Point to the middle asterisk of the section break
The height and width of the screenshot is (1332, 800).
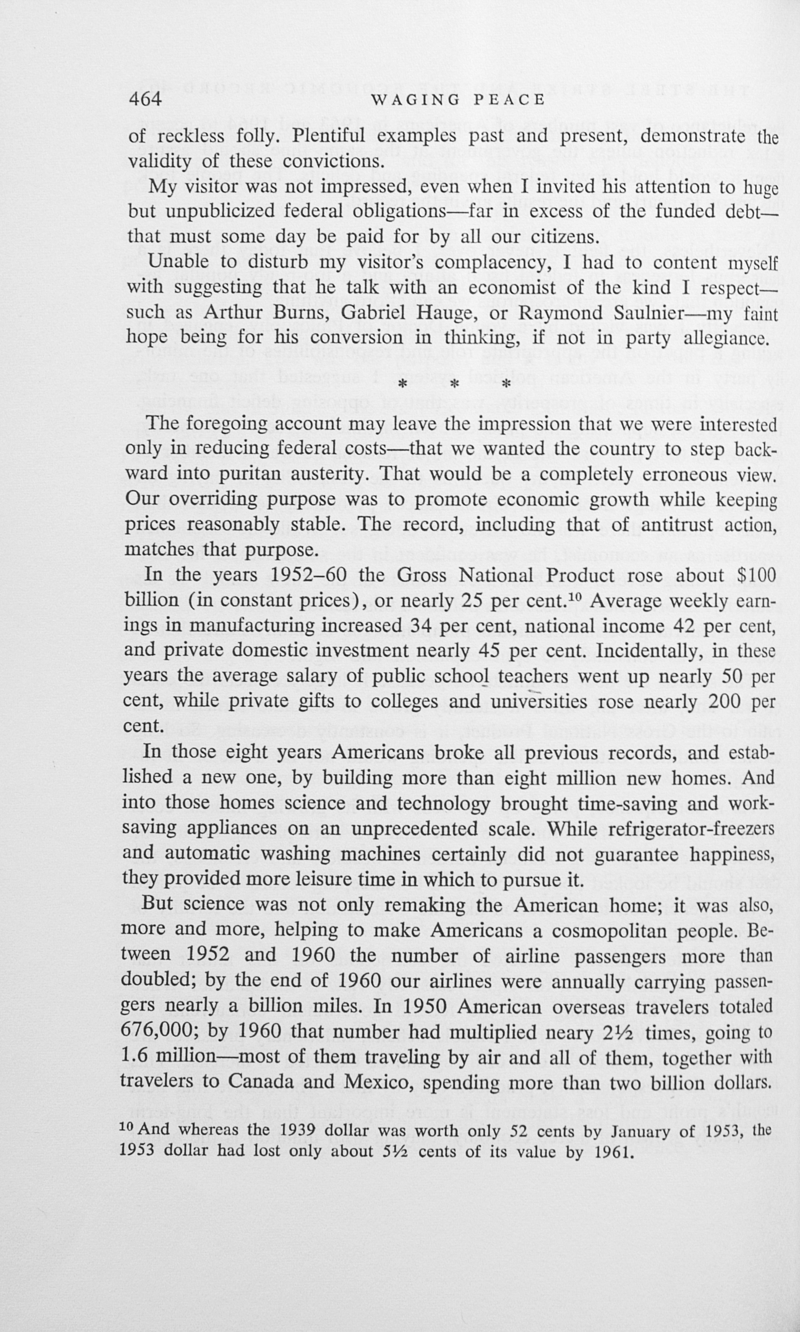click(455, 384)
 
